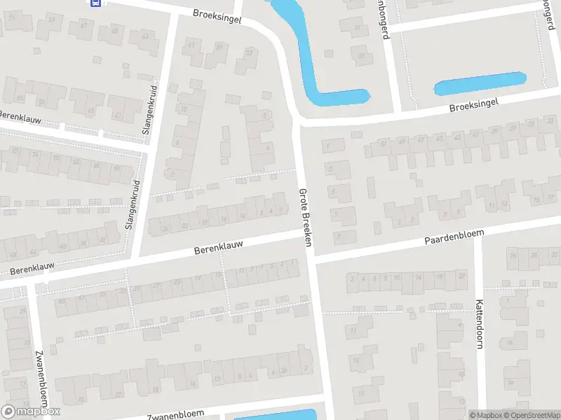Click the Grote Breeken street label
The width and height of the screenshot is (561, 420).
pyautogui.click(x=305, y=217)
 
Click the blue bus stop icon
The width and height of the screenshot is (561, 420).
pyautogui.click(x=96, y=2)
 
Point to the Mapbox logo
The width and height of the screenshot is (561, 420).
pyautogui.click(x=31, y=412)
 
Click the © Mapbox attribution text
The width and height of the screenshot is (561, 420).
pyautogui.click(x=485, y=415)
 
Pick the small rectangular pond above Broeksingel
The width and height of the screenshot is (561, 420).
pyautogui.click(x=480, y=85)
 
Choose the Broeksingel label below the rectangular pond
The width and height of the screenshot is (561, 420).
pyautogui.click(x=473, y=106)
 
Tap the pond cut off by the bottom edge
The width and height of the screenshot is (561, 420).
pyautogui.click(x=273, y=416)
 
